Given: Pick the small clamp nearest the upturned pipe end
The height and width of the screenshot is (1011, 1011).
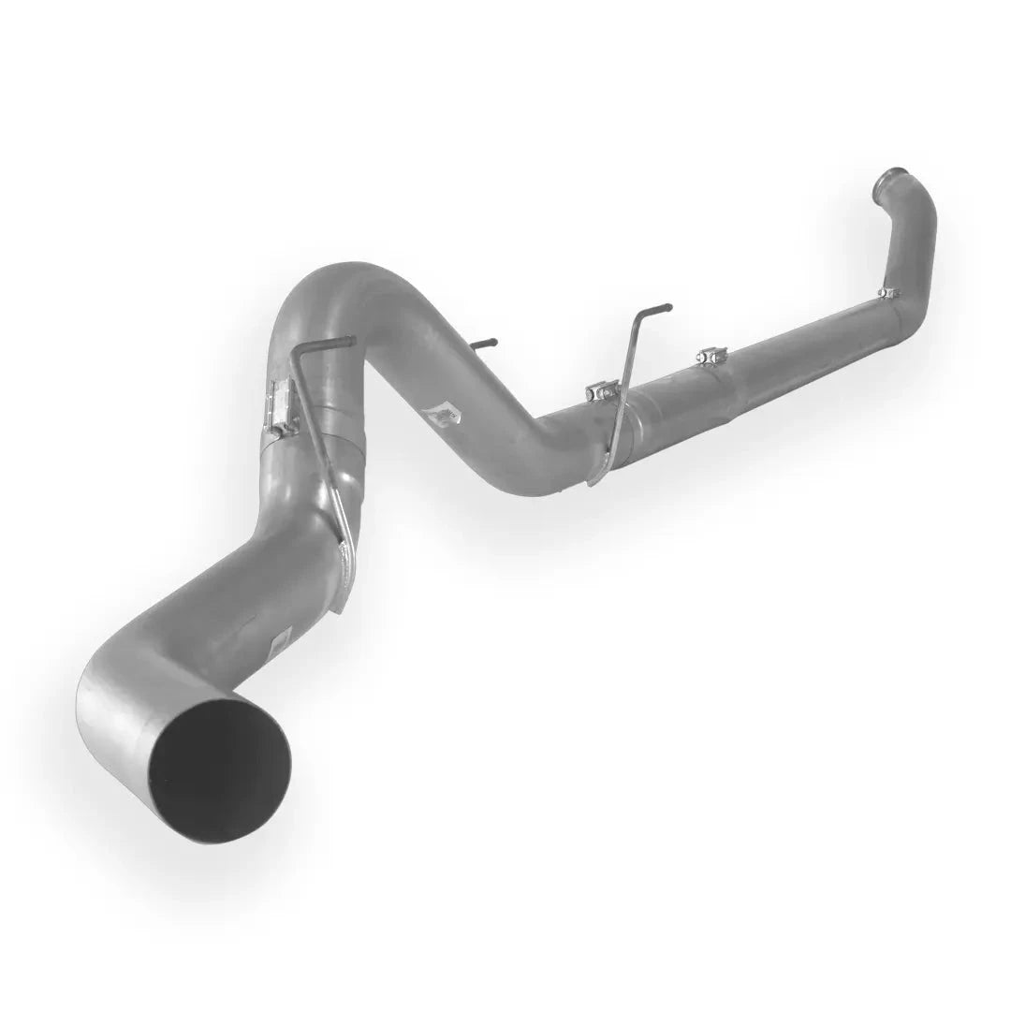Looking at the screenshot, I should click(x=886, y=293).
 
